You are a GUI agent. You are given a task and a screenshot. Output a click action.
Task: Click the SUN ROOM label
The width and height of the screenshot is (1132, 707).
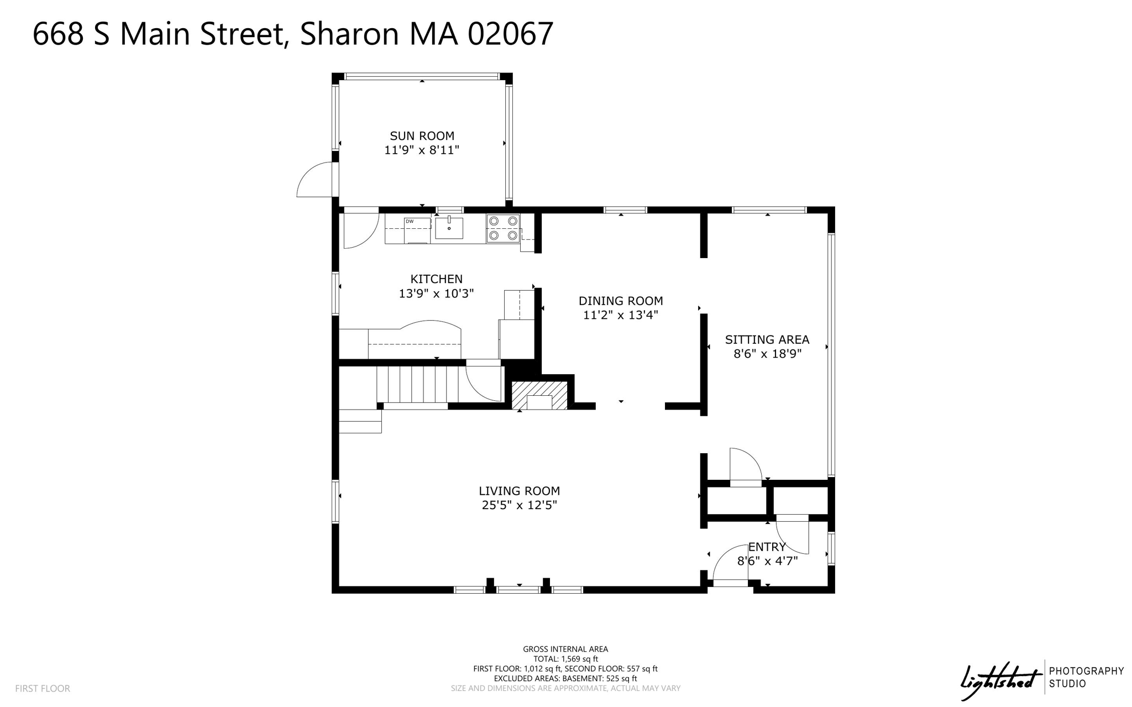point(422,136)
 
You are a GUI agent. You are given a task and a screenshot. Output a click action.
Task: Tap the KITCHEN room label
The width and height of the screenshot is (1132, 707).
point(436,279)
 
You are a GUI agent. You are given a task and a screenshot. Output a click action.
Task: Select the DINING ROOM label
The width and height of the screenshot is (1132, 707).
point(621,301)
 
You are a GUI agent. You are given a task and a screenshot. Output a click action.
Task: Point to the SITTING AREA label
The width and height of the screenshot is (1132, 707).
point(767,339)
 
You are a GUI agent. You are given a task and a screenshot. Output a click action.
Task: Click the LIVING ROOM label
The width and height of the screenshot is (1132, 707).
point(519,491)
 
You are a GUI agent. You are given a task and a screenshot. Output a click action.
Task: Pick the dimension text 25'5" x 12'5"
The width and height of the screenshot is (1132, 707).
point(519,505)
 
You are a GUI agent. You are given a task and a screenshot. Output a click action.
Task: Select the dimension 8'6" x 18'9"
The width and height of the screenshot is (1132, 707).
point(767,354)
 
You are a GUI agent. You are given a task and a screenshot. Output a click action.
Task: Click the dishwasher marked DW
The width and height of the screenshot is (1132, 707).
point(417,230)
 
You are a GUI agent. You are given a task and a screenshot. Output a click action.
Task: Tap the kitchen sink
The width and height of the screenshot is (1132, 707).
point(449,228)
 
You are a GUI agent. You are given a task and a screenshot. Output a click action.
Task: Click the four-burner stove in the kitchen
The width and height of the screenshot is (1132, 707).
point(503,228)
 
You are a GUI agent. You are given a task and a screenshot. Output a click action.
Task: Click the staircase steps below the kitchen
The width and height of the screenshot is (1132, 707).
point(417,385)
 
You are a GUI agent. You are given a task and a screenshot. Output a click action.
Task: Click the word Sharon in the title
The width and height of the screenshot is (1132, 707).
point(349,34)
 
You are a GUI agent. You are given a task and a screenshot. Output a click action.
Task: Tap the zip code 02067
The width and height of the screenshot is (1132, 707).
point(510,34)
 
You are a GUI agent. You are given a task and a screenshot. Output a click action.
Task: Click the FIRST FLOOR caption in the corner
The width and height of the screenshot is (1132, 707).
point(43,688)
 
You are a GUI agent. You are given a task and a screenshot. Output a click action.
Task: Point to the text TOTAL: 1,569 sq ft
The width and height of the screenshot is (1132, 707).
point(565,659)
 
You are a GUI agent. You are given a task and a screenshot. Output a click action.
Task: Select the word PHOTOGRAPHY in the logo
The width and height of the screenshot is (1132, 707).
point(1086,671)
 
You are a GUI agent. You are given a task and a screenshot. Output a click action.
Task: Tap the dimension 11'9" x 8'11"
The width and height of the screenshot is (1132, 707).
point(422,150)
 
